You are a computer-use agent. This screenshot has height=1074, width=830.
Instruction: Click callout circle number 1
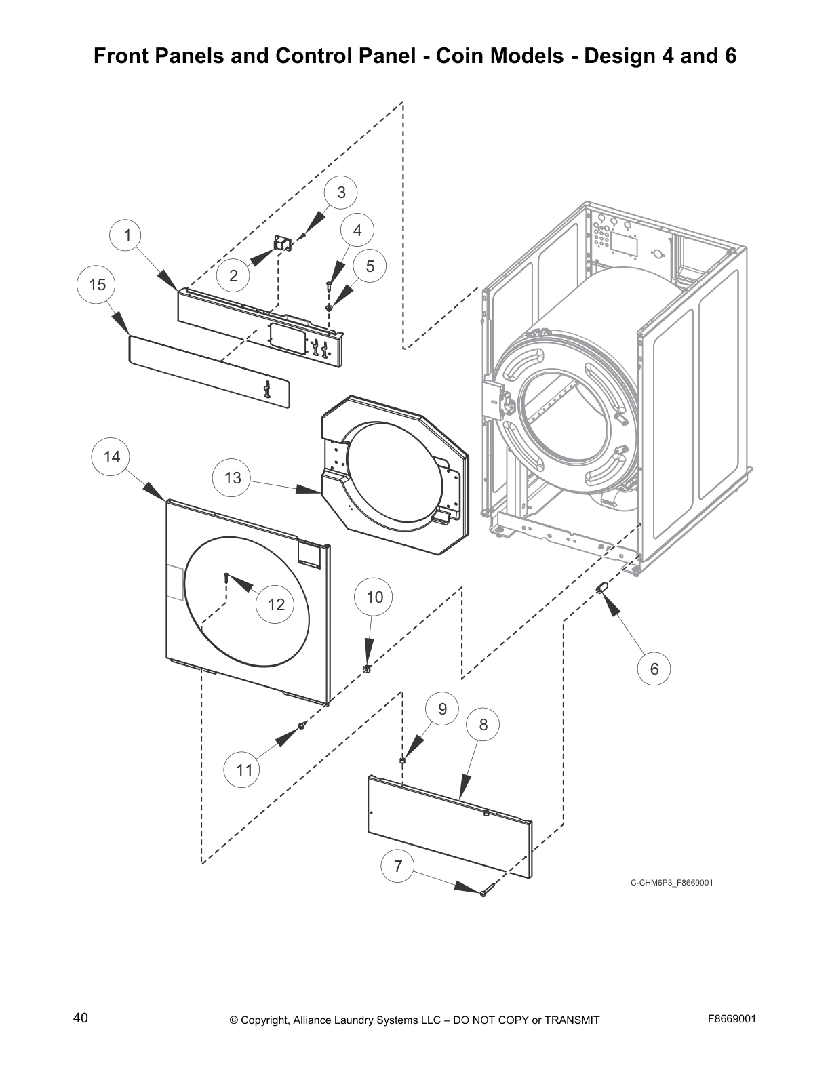click(127, 235)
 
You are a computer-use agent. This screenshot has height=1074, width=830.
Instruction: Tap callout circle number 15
click(97, 285)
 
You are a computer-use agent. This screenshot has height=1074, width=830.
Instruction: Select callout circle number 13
click(233, 478)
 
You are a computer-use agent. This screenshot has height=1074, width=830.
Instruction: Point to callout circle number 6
click(654, 669)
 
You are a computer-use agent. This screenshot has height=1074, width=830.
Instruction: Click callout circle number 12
click(276, 604)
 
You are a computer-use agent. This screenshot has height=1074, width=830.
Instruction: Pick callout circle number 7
click(398, 866)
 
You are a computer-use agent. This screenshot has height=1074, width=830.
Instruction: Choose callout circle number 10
click(374, 597)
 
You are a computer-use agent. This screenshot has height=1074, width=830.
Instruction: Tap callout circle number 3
click(341, 193)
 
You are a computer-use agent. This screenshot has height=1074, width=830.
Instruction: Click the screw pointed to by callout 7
click(483, 894)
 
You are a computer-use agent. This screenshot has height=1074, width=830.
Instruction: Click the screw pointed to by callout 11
click(302, 726)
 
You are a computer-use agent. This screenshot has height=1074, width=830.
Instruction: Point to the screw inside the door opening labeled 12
click(224, 578)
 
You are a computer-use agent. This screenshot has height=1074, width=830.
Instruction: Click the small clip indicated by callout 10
click(367, 669)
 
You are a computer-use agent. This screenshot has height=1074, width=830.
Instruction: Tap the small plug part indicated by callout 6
click(600, 587)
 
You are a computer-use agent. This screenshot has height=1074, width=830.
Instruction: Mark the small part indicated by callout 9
click(403, 761)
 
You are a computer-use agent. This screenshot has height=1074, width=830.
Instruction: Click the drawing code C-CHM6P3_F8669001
click(671, 883)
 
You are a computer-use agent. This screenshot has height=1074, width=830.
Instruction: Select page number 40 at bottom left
click(80, 1018)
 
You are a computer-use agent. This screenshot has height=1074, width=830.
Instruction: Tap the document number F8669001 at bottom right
click(732, 1019)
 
